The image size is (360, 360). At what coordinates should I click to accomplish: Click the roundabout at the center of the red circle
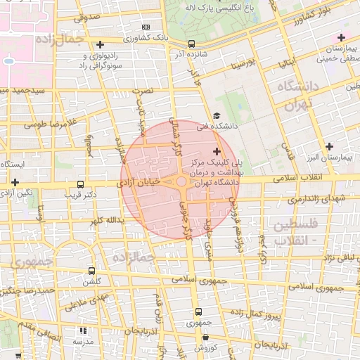[181, 182]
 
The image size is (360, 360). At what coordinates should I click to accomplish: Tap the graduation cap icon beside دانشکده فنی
[217, 116]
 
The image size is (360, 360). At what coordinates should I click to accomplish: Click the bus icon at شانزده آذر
[192, 44]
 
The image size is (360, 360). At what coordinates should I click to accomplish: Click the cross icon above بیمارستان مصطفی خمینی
[341, 37]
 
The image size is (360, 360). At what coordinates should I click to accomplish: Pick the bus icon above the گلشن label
[91, 271]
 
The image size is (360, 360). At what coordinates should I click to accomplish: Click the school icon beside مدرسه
[83, 330]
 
